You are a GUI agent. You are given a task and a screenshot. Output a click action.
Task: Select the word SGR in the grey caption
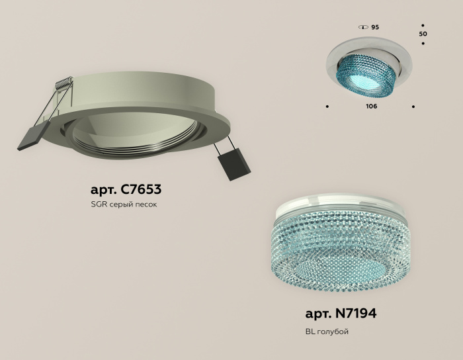[99, 204]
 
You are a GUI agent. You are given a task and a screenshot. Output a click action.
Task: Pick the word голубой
[333, 331]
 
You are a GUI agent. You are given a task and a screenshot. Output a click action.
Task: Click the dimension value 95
[375, 27]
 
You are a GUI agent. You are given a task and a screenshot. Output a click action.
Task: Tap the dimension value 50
[423, 33]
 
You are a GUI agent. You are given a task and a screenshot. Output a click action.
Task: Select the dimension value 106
[371, 106]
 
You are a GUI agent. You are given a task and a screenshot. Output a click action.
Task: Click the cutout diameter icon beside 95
[362, 27]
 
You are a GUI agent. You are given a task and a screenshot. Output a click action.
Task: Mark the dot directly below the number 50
[423, 44]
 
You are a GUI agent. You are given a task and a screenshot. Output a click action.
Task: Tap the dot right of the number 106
[413, 106]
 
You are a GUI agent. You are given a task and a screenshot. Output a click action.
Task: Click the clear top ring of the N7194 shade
[324, 208]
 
